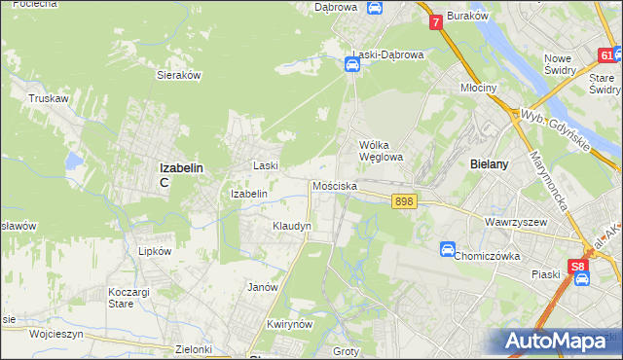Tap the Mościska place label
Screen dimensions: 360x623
click(335, 185)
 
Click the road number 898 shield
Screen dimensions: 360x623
click(405, 200)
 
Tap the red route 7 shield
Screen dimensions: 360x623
click(435, 20)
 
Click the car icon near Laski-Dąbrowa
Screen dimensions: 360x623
click(352, 65)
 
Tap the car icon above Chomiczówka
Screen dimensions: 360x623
click(448, 249)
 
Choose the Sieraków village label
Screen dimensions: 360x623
click(178, 74)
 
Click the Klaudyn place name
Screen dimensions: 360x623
click(291, 226)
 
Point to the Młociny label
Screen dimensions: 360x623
click(478, 87)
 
